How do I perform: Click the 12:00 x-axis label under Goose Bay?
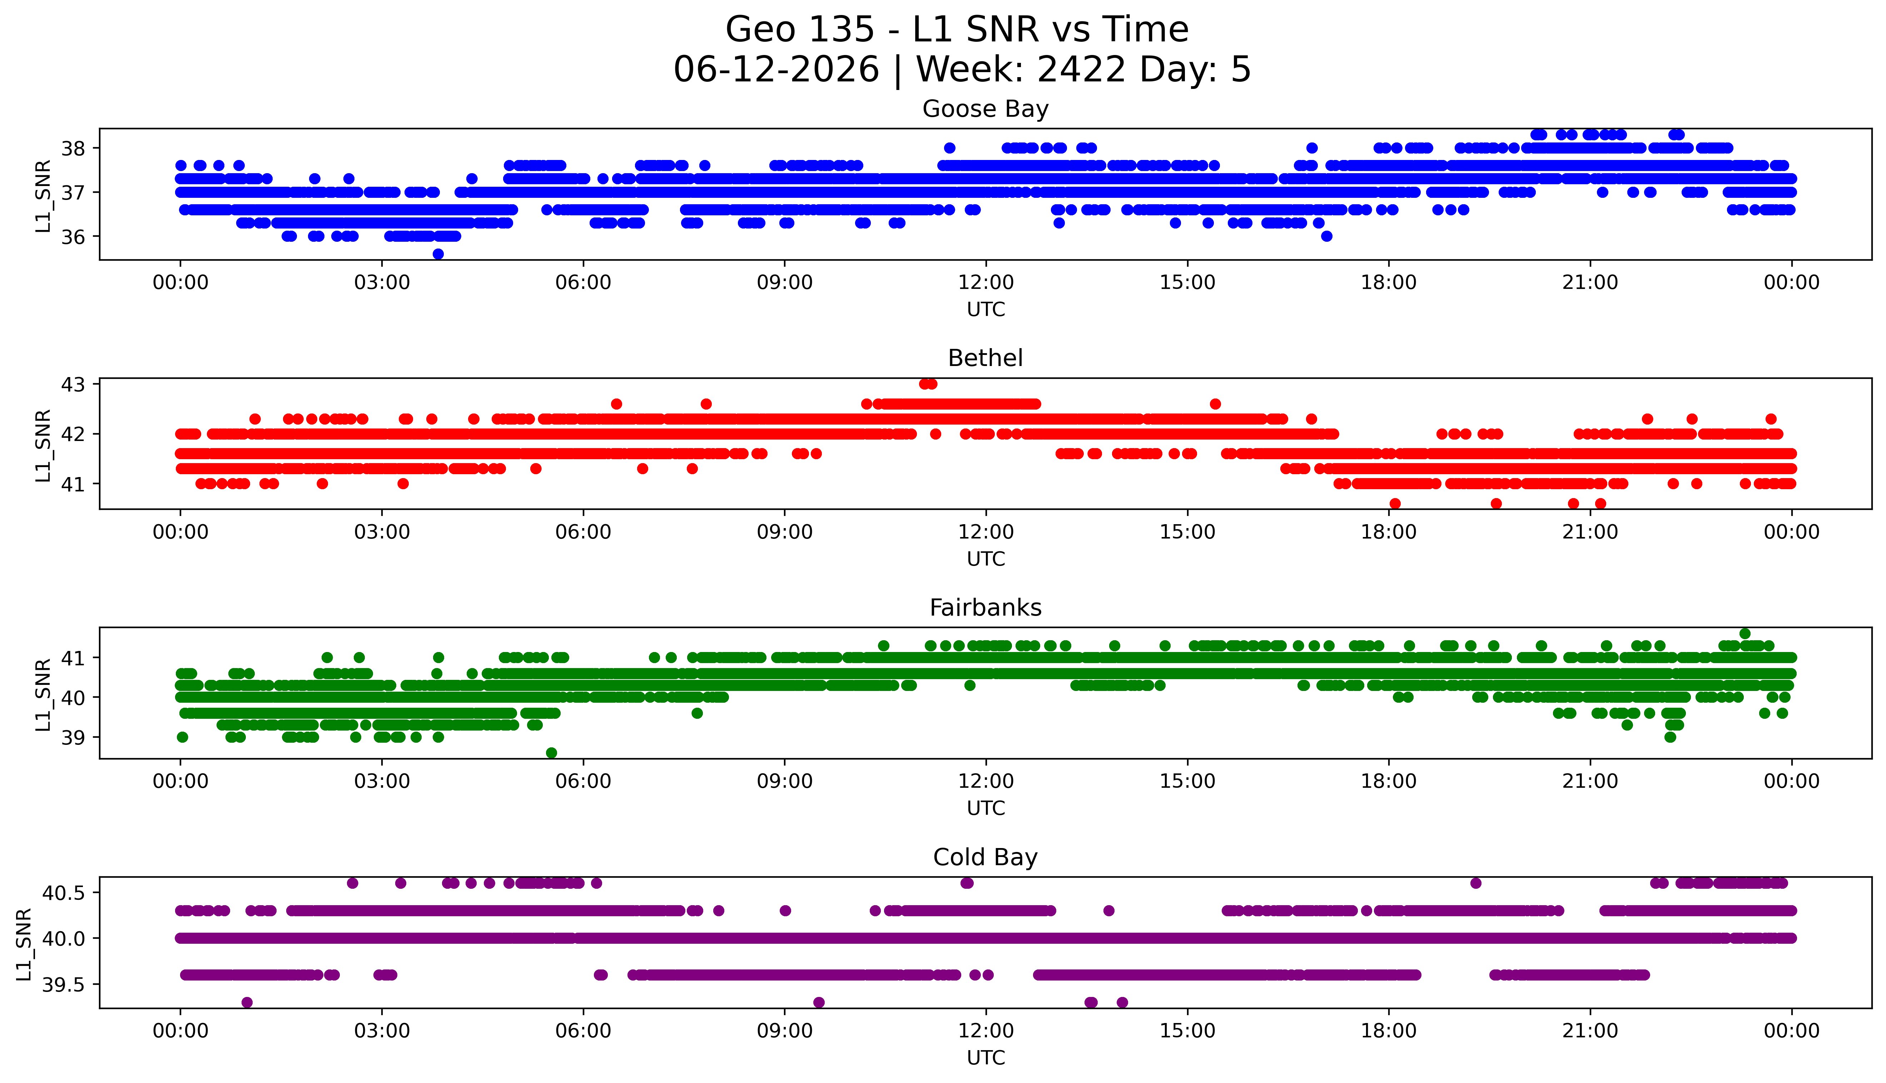coord(986,283)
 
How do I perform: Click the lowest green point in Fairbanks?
coord(551,753)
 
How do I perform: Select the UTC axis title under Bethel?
coord(986,558)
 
